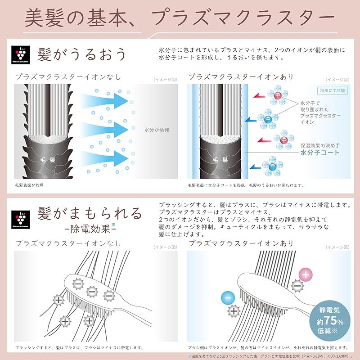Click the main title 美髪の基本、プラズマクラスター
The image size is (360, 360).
click(180, 18)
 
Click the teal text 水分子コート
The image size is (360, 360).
click(320, 153)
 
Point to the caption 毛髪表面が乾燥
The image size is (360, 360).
click(30, 185)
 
